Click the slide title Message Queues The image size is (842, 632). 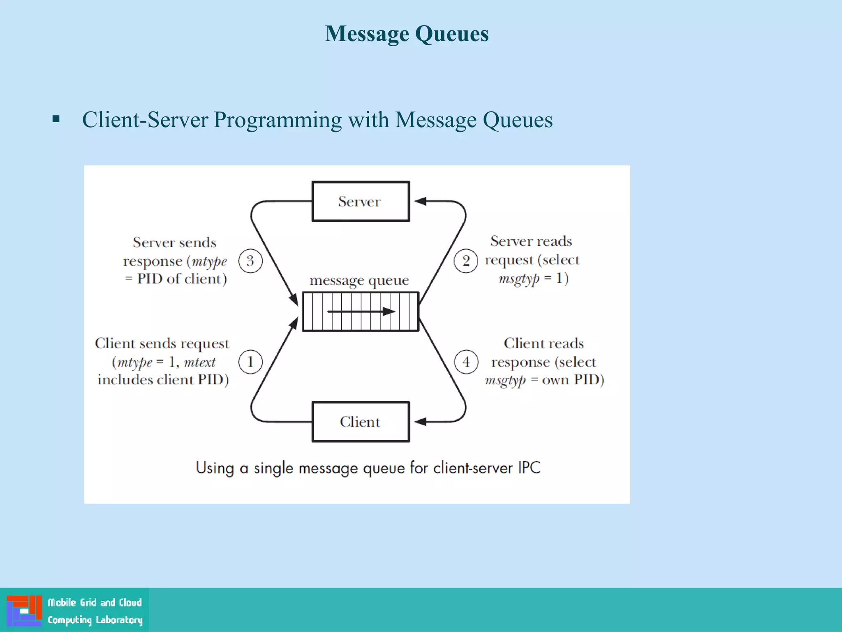407,34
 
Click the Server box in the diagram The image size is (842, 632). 361,202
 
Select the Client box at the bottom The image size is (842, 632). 361,422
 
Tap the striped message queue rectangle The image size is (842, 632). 361,311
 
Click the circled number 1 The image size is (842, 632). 250,362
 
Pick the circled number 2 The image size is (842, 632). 466,261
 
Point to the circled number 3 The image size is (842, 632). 250,261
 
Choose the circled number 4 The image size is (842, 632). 466,362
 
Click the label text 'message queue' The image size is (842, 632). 359,281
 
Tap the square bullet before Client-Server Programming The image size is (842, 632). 56,120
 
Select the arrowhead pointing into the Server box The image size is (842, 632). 420,201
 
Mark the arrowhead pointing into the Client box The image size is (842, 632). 420,422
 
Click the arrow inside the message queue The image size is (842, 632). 361,311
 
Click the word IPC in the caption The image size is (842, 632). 529,468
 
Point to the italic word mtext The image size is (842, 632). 199,362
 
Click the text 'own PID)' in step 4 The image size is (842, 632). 573,380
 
